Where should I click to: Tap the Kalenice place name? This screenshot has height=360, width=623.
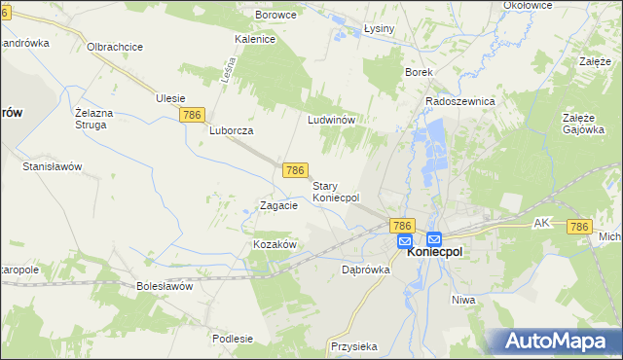click(255, 40)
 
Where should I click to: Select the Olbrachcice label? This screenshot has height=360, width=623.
click(116, 47)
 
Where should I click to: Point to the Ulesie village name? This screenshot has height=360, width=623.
click(170, 98)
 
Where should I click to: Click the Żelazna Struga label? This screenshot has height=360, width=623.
click(95, 118)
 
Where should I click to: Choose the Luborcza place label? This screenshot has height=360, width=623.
click(232, 130)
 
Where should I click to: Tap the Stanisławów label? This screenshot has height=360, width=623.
click(53, 166)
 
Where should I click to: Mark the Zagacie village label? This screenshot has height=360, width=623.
click(277, 206)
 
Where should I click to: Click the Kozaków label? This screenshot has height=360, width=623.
click(275, 244)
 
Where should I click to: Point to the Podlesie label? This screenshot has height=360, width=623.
click(233, 339)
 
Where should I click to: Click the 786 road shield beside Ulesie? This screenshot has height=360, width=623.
click(193, 115)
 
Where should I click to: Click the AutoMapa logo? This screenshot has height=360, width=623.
click(556, 340)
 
